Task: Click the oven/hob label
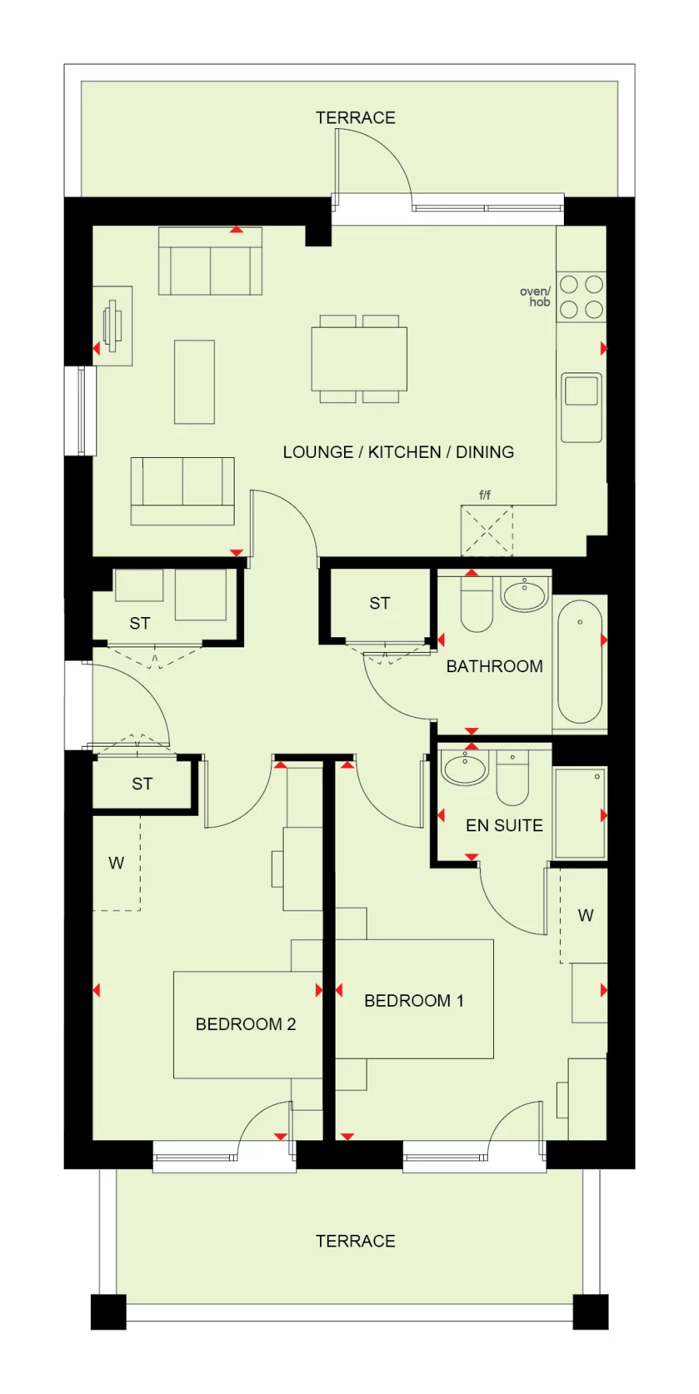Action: [535, 296]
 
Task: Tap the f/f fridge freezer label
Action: [485, 494]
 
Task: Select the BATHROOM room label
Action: [494, 666]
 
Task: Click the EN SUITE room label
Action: [504, 825]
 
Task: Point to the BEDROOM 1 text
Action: [414, 1000]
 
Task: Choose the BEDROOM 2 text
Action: [245, 1024]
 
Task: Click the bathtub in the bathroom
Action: [579, 661]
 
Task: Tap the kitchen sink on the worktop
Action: [581, 391]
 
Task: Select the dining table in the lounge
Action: [359, 359]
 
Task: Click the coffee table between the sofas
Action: [194, 381]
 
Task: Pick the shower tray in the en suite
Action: [579, 813]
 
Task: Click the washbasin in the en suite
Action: [464, 768]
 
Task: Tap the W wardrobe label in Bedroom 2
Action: [116, 863]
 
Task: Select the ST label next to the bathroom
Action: [380, 603]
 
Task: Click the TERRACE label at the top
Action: [355, 118]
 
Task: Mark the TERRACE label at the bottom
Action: [355, 1241]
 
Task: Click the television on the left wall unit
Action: [113, 326]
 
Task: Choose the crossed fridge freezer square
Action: [487, 531]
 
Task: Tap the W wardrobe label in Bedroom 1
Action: [586, 915]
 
